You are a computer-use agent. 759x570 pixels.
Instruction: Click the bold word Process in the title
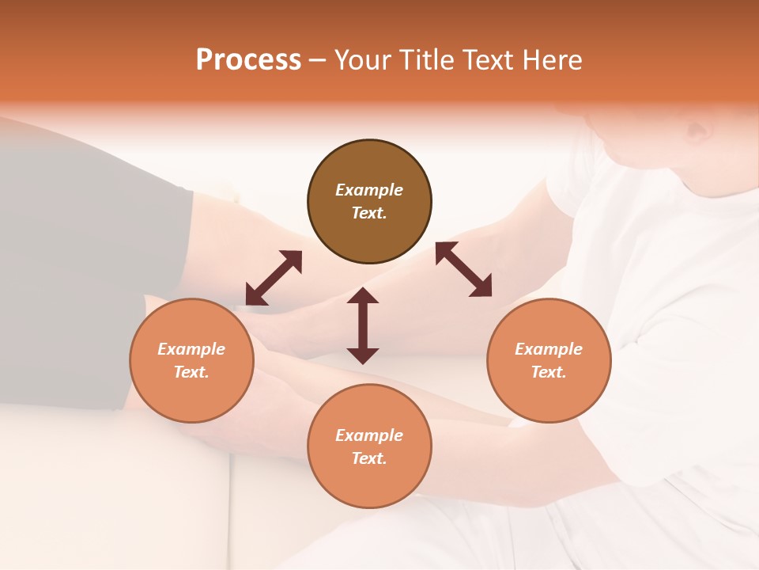coord(248,60)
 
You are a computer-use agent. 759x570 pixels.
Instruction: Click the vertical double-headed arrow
coord(363,325)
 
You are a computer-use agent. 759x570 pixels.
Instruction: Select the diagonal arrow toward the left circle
coord(274,277)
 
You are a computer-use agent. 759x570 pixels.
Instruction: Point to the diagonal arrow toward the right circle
coord(464,269)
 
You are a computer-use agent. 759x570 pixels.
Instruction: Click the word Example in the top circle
coord(369,190)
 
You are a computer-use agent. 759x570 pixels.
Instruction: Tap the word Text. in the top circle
coord(369,213)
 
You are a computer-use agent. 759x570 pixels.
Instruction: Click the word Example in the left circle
coord(191,349)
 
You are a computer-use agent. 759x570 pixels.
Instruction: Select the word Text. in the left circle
coord(191,372)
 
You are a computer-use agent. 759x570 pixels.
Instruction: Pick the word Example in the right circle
coord(549,349)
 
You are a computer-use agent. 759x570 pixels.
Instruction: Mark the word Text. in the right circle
coord(549,372)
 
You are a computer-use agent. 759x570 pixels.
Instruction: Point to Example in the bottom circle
coord(369,435)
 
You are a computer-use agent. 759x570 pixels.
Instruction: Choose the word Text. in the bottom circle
coord(369,458)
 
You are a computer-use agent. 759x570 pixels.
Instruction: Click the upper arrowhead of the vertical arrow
coord(363,296)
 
